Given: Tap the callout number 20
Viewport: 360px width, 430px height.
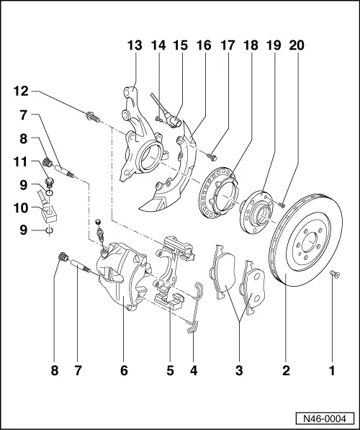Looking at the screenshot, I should (297, 45).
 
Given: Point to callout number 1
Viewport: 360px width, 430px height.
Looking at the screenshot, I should (332, 371).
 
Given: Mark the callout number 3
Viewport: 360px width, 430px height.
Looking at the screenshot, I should (239, 371).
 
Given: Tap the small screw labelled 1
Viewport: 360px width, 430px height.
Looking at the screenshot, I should (334, 274).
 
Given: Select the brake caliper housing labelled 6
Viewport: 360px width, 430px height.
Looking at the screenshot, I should (120, 285).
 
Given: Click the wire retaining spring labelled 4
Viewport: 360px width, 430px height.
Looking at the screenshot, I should (195, 310).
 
